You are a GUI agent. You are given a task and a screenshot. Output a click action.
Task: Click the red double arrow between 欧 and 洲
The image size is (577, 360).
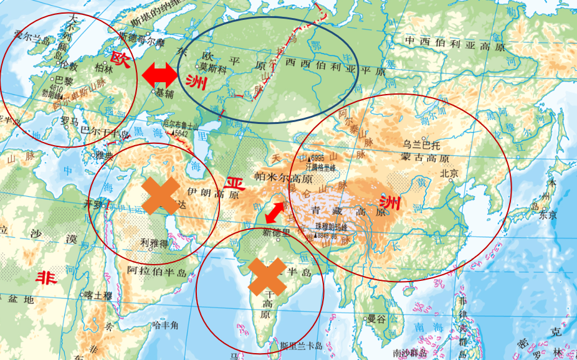[x=160, y=75]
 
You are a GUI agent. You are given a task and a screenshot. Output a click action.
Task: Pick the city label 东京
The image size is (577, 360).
[x=548, y=216]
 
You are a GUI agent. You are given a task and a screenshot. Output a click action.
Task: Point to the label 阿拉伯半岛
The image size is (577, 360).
[x=157, y=271]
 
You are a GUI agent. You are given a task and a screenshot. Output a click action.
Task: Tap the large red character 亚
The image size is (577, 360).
[x=234, y=184]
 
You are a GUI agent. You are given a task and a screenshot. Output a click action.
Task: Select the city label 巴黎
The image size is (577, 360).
[x=64, y=80]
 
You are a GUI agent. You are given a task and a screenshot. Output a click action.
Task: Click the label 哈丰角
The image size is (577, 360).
[x=166, y=324]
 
